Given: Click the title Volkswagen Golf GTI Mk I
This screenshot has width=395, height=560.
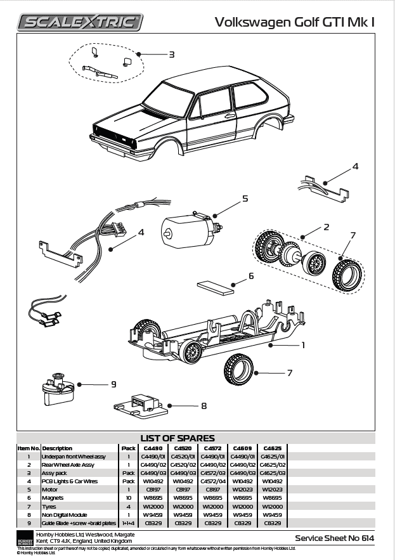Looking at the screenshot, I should point(295,22).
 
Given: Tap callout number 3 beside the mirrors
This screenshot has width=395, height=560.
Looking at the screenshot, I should point(171,55).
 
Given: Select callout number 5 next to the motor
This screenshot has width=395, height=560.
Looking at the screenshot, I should point(245,199).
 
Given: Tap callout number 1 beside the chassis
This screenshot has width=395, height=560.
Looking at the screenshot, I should point(302,346).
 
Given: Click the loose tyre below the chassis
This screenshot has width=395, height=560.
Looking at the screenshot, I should point(238,369).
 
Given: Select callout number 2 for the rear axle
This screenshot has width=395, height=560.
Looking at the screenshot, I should point(326,226).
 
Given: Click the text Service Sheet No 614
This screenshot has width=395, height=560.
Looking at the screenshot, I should point(334,538).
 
